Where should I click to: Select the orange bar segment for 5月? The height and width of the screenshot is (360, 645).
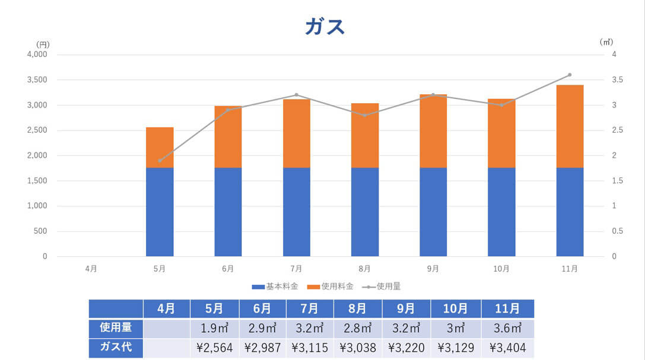pyautogui.click(x=160, y=147)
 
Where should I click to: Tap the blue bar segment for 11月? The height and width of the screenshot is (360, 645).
pyautogui.click(x=570, y=212)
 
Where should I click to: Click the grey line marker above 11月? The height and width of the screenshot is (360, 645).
pyautogui.click(x=570, y=75)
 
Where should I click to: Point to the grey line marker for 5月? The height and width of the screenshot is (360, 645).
pyautogui.click(x=160, y=161)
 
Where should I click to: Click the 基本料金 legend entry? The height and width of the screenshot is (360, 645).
pyautogui.click(x=275, y=286)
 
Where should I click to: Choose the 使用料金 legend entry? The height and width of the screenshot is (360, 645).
pyautogui.click(x=330, y=286)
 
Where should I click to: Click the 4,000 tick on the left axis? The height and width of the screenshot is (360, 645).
pyautogui.click(x=37, y=55)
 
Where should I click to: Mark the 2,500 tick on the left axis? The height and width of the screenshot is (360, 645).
pyautogui.click(x=37, y=130)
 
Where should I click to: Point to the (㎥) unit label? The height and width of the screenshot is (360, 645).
pyautogui.click(x=606, y=42)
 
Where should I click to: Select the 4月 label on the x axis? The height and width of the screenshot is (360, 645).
pyautogui.click(x=91, y=269)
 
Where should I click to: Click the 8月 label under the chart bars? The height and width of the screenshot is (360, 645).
pyautogui.click(x=364, y=269)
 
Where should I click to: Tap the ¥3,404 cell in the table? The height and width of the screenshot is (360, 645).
pyautogui.click(x=507, y=348)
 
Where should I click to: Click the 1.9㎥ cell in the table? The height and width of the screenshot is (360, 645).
pyautogui.click(x=215, y=328)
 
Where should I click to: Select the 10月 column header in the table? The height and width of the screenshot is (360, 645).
pyautogui.click(x=455, y=308)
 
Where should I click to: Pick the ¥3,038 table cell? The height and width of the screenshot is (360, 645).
pyautogui.click(x=358, y=348)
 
